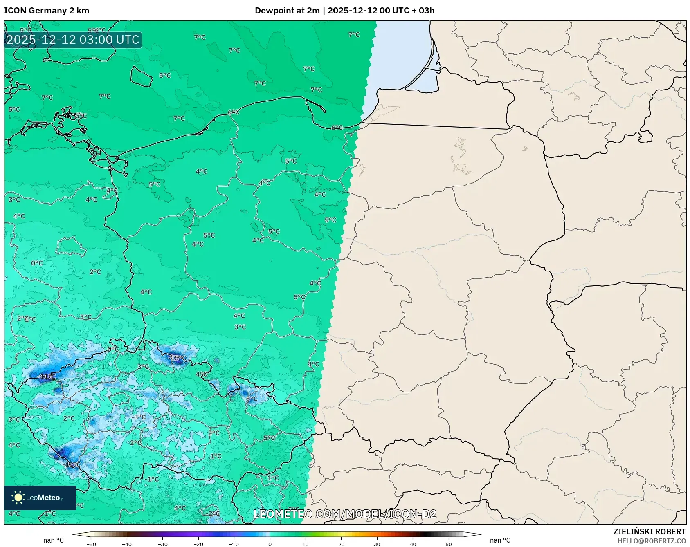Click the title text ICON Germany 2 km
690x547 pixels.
(47, 11)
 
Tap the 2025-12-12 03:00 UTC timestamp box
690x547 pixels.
(73, 40)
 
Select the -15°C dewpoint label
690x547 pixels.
(178, 358)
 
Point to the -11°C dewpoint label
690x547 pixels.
(47, 377)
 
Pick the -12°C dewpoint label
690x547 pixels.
(72, 465)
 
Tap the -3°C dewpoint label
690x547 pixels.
(138, 417)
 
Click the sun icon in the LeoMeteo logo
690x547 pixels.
(18, 497)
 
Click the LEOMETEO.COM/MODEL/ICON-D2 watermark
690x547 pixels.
(345, 514)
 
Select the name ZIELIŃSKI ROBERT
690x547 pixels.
(649, 531)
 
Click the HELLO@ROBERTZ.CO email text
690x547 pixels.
(651, 541)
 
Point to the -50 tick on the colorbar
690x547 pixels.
(91, 544)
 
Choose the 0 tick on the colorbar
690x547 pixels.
(270, 544)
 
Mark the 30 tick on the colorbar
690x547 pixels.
(377, 544)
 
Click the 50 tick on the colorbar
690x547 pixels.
(448, 544)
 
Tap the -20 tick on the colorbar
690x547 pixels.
(198, 544)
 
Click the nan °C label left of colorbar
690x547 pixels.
(54, 540)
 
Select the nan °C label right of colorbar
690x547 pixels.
(500, 540)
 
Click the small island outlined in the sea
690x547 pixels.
(141, 76)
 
